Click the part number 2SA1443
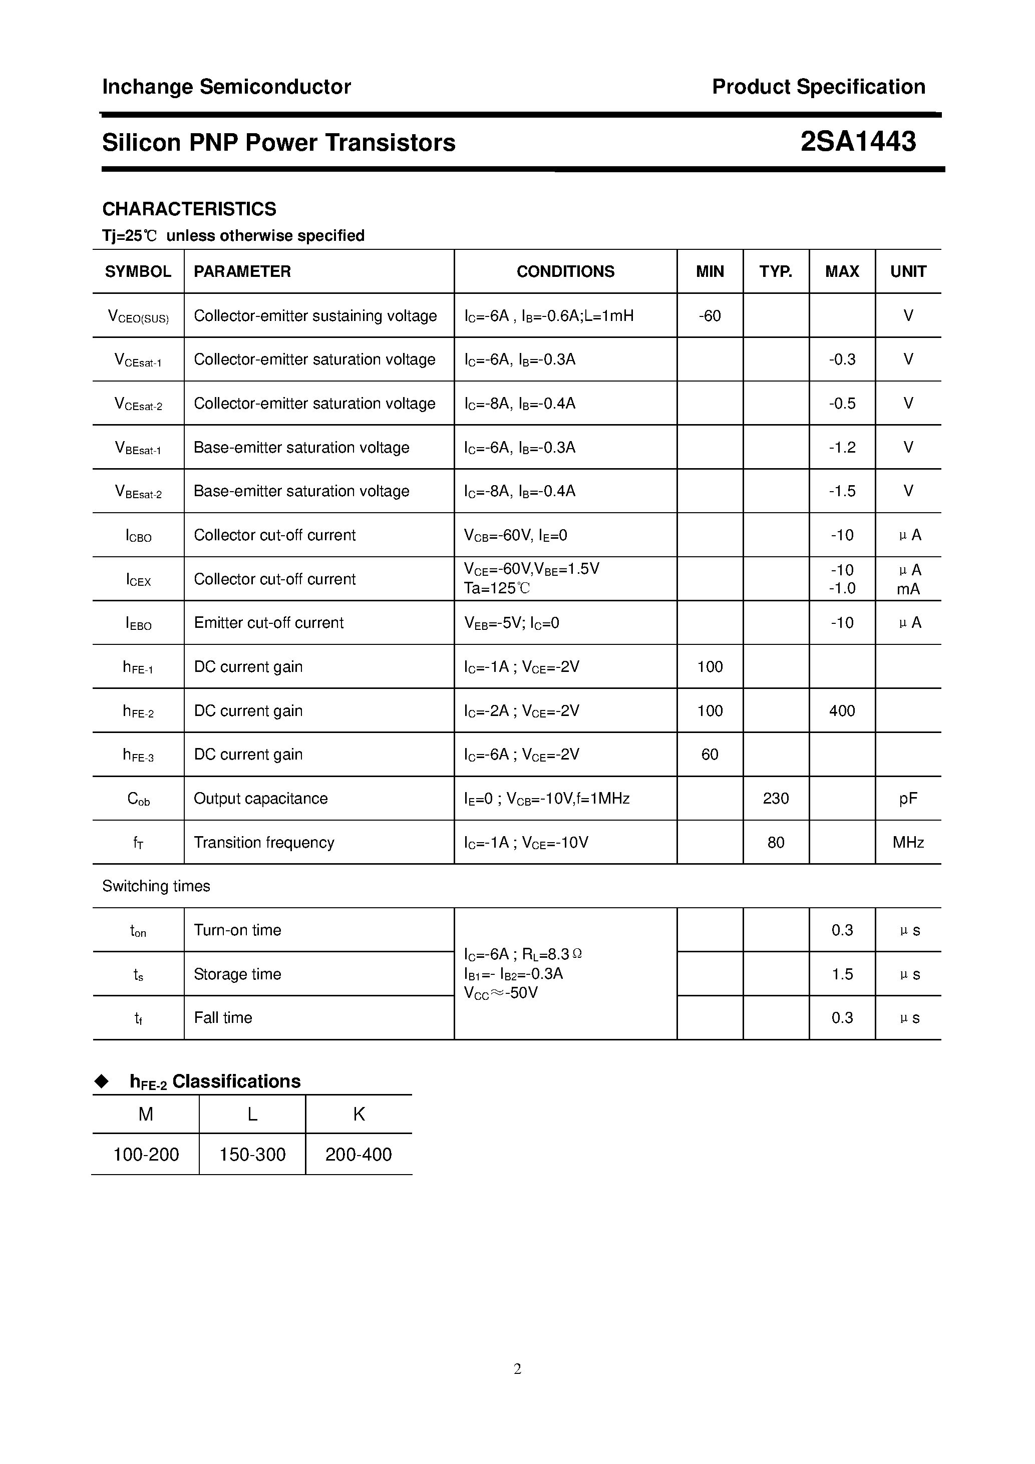[x=858, y=142]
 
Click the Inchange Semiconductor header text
[x=226, y=87]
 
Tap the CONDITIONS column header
[x=565, y=272]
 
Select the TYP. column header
[x=776, y=272]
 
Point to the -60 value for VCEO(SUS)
[x=709, y=315]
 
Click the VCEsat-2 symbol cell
[x=138, y=404]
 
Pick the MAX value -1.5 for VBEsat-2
[x=842, y=491]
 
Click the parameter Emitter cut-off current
[x=268, y=623]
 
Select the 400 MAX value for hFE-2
[x=842, y=711]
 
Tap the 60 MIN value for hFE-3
[x=709, y=755]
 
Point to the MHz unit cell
[x=908, y=843]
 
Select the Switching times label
[x=156, y=886]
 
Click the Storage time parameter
[x=237, y=974]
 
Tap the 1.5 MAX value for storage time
[x=842, y=974]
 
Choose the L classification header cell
[x=252, y=1114]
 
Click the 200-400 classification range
[x=359, y=1155]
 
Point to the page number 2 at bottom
[x=517, y=1368]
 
